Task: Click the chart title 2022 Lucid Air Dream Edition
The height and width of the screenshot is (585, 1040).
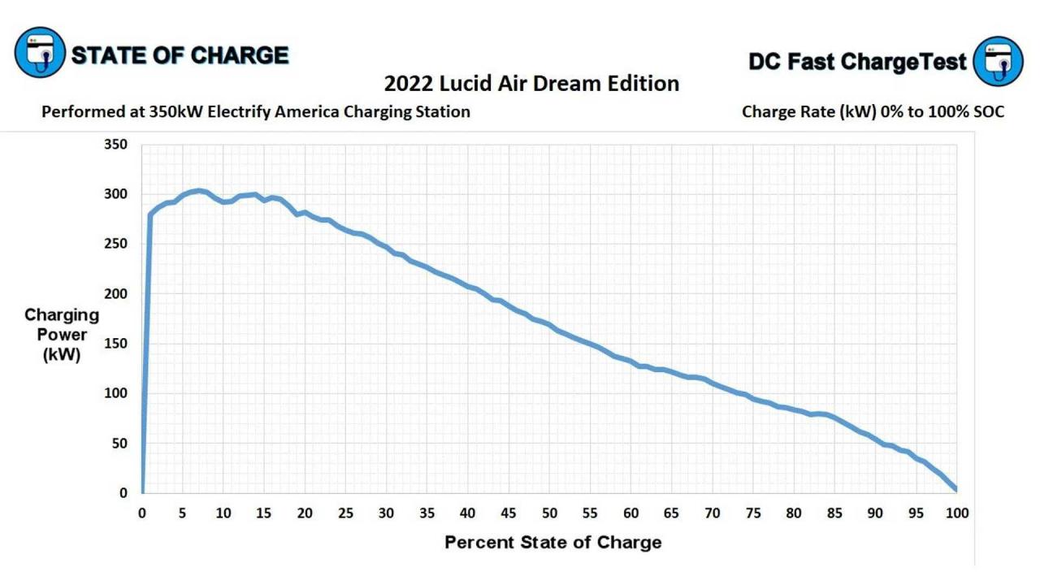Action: point(531,84)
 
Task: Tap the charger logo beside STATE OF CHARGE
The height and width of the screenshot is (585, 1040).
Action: point(40,53)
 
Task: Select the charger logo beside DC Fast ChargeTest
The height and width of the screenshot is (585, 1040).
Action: point(998,61)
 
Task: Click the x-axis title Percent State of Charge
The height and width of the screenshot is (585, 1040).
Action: point(552,542)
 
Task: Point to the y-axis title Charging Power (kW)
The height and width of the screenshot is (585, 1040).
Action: point(62,335)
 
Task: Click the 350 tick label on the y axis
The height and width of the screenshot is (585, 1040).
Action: point(116,145)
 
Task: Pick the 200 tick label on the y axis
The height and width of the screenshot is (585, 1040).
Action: point(116,293)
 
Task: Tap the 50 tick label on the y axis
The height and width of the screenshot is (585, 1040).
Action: point(119,443)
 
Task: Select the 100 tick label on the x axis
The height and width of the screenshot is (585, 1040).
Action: point(956,513)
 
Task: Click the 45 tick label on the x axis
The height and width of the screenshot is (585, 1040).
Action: point(509,513)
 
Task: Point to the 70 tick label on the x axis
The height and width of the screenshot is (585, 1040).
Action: point(712,513)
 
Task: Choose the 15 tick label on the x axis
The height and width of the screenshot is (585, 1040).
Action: point(264,513)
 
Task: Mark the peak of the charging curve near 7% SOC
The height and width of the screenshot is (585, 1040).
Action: point(199,191)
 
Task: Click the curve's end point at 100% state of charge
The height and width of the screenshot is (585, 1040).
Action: point(956,489)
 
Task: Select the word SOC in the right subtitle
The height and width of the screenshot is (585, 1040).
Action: point(987,112)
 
